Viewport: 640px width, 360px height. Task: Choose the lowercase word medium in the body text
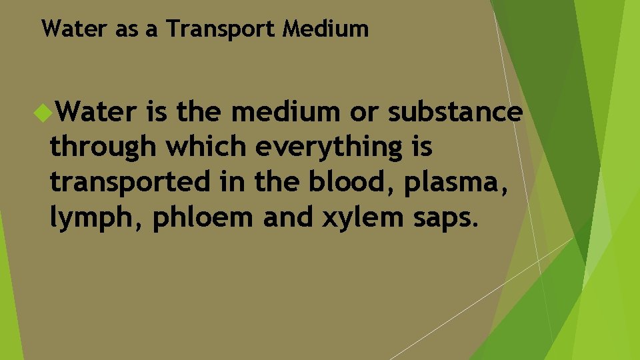pos(285,113)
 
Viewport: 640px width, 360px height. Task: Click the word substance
pos(455,113)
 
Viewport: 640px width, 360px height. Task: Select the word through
pos(104,148)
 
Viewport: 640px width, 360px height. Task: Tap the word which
pos(207,148)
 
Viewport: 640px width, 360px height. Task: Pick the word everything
pos(327,148)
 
